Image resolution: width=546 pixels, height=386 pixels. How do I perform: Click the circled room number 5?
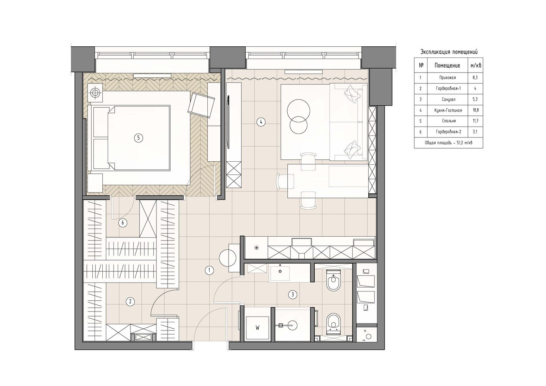pos(139,138)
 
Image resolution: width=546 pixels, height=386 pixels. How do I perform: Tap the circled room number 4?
pos(261,122)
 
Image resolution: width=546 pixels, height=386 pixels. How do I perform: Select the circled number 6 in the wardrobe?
pos(123,223)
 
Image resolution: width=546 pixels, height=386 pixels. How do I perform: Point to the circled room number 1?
pos(209,270)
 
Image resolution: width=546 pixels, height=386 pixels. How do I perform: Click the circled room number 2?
pos(130,302)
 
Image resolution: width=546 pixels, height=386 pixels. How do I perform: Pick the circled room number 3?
pos(293,295)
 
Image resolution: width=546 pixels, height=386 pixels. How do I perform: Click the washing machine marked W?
pos(258,328)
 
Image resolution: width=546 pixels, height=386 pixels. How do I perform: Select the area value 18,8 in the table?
pos(476,110)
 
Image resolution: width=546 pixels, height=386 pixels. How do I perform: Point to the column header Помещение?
pos(447,66)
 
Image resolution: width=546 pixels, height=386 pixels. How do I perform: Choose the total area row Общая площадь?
pos(449,143)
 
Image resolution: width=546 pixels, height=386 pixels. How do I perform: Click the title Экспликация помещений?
pos(449,52)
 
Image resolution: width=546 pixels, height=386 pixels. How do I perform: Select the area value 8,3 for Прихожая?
pos(476,78)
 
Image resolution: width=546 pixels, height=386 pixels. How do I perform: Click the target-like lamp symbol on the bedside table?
pos(95,93)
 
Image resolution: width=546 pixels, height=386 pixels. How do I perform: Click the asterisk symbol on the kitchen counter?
pos(256,248)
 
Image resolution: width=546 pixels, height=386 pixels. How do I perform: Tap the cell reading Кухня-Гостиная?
pos(448,110)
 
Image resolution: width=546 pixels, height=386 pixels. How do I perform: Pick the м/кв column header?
pos(476,66)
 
